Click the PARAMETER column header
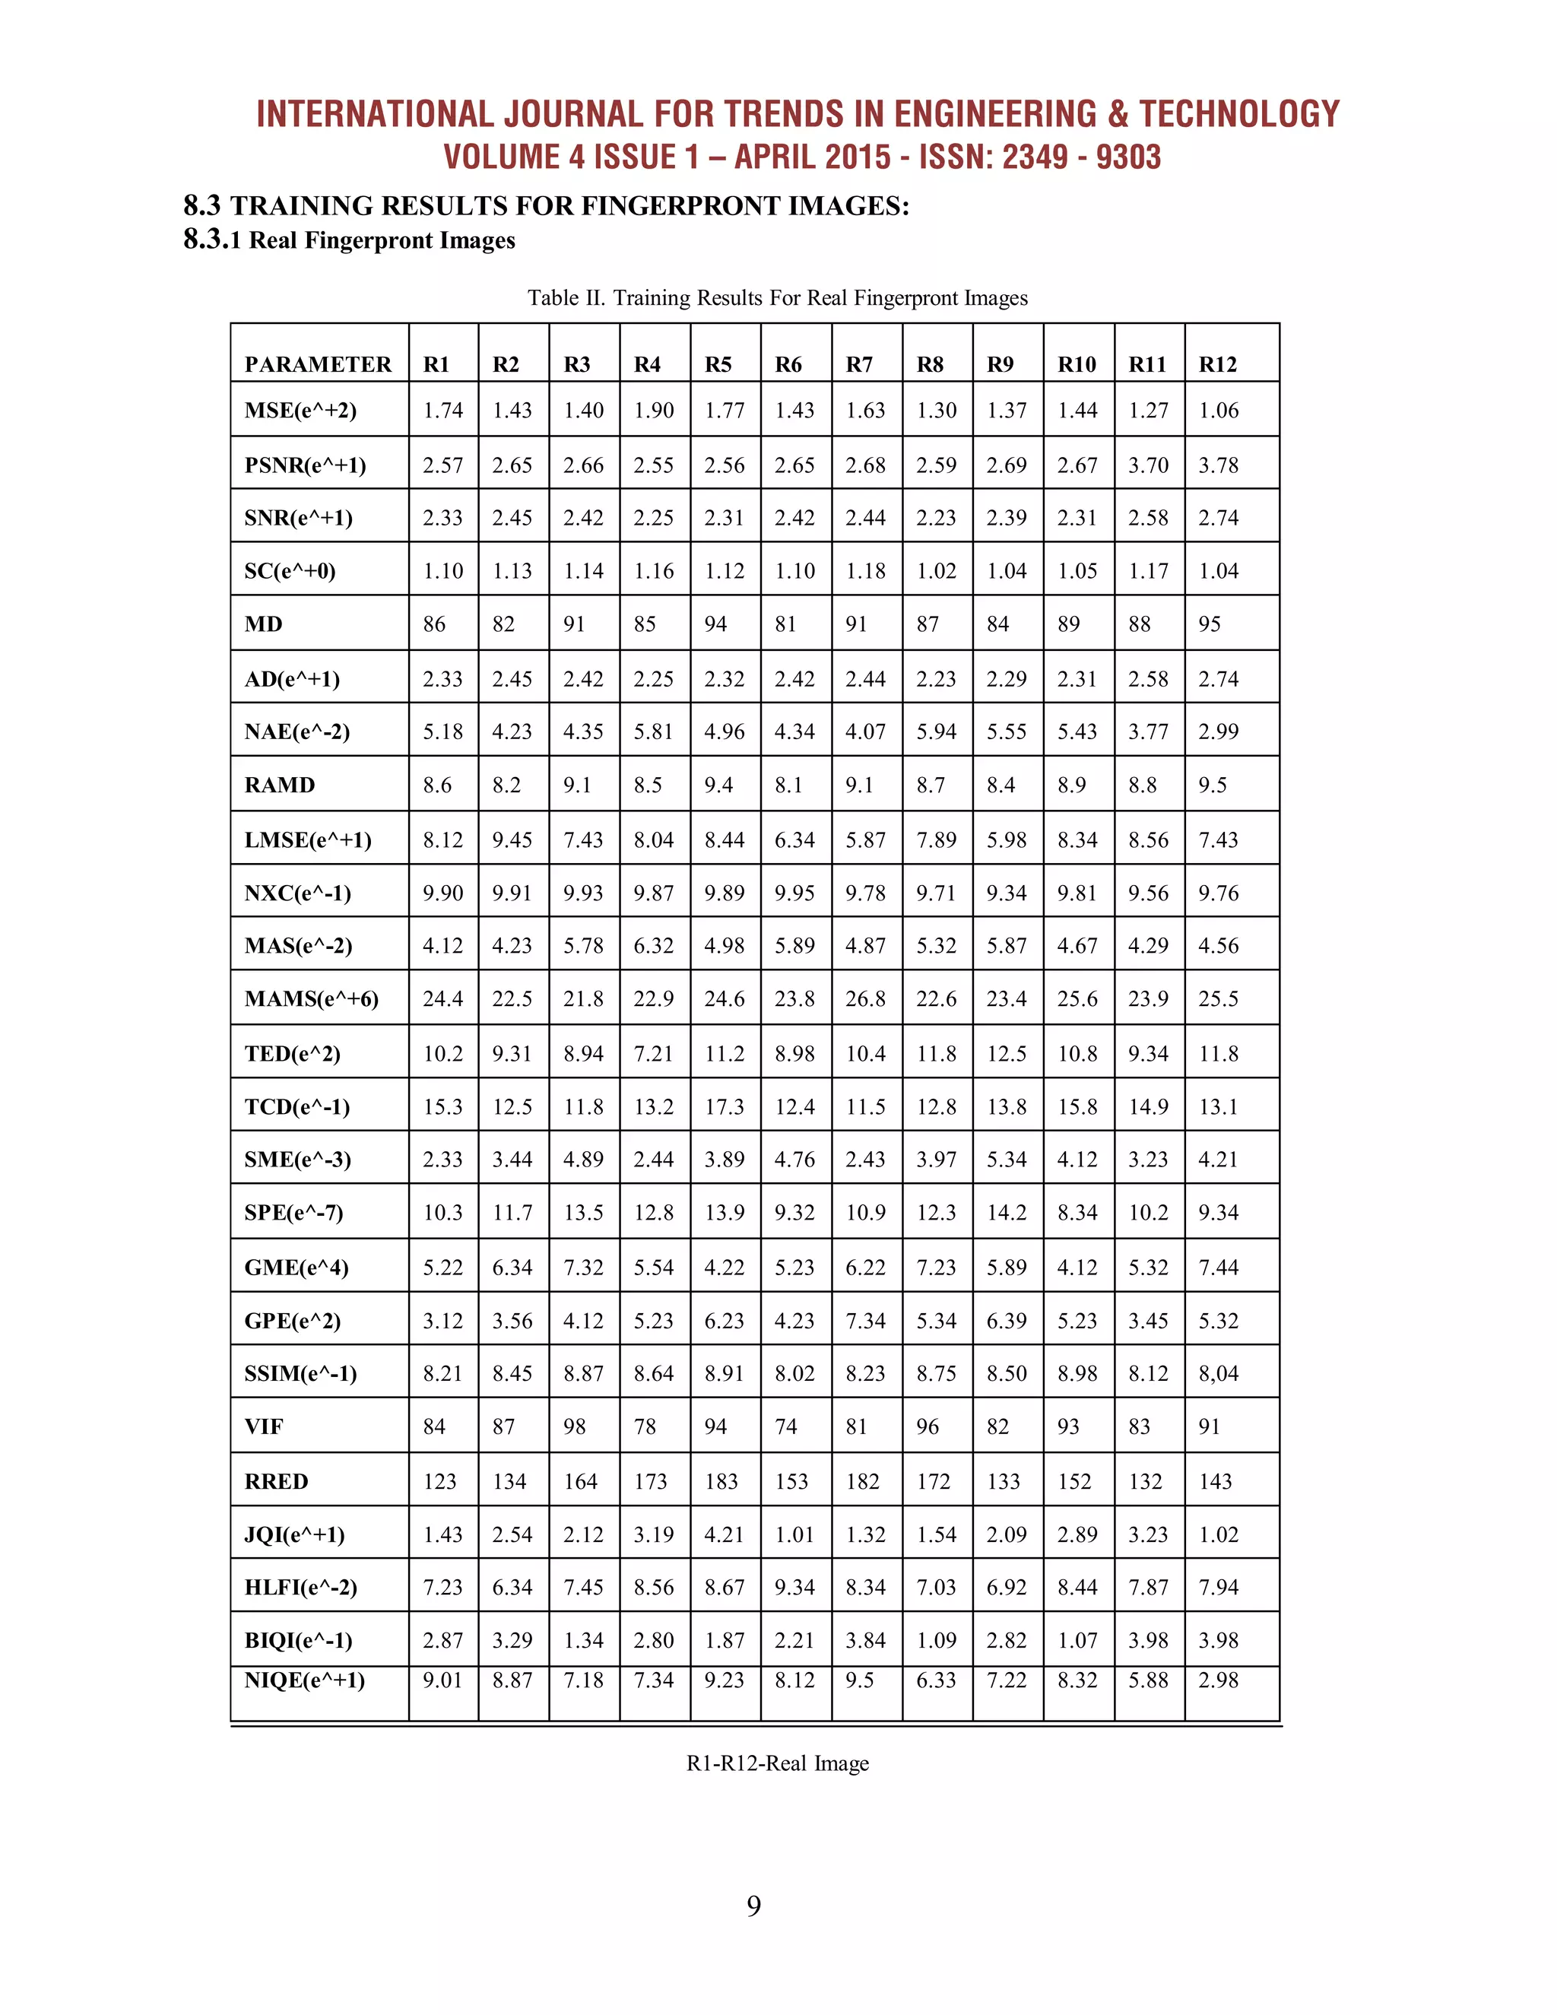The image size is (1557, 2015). tap(317, 364)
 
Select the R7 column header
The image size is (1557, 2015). tap(859, 364)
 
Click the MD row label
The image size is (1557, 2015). tap(263, 624)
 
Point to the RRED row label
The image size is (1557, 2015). tap(276, 1482)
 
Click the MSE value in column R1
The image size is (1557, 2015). tap(442, 411)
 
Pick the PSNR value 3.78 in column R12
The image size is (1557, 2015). tap(1218, 465)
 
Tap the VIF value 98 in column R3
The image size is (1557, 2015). tap(574, 1427)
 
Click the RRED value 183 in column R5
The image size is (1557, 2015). tap(721, 1482)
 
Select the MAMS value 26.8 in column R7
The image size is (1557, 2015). tap(865, 999)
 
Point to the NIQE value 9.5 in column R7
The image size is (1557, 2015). tap(859, 1680)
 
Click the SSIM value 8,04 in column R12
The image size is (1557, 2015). tap(1218, 1374)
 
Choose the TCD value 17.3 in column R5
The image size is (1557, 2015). tap(724, 1107)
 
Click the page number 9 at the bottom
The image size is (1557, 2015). tap(753, 1907)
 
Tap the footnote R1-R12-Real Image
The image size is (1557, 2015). tap(777, 1763)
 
